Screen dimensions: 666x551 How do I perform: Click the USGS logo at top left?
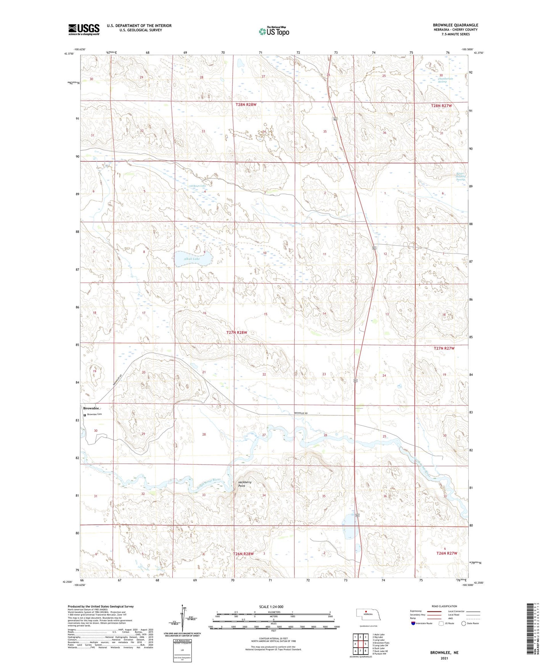tap(84, 29)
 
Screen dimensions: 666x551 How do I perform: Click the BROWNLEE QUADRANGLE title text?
tap(455, 25)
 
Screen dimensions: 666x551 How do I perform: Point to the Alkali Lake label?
tap(192, 259)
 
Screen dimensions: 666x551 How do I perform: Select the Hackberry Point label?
tap(245, 484)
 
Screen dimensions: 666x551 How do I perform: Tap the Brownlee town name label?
tap(92, 409)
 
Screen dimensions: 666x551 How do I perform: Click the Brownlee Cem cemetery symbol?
tap(85, 415)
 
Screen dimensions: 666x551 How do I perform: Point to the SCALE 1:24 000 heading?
tap(271, 606)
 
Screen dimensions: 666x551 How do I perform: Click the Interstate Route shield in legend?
tap(413, 623)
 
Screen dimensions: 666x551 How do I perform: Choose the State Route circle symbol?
tap(464, 623)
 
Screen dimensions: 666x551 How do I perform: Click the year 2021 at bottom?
tap(444, 658)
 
